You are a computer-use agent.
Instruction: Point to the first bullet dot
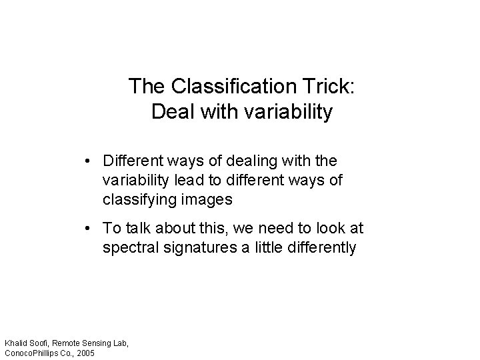point(88,161)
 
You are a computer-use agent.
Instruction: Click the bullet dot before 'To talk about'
point(88,229)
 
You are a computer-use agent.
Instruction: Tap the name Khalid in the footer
point(17,343)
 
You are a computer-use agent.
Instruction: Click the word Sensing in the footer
point(98,343)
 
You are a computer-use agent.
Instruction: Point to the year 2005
point(85,352)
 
